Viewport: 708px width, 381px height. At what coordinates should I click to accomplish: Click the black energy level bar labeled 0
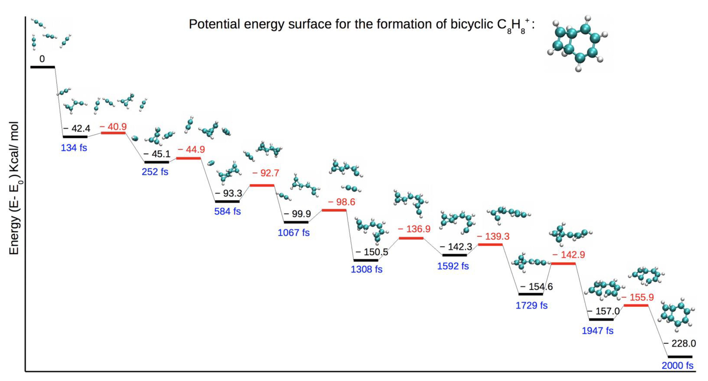43,67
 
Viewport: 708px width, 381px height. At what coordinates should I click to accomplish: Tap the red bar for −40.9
113,133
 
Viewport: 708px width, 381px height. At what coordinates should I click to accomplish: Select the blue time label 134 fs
74,148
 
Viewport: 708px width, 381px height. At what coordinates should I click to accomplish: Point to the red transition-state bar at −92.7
262,185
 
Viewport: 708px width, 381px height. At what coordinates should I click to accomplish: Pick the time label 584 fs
227,211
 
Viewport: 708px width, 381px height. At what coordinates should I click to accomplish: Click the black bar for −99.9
296,222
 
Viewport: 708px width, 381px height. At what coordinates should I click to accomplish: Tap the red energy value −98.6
341,202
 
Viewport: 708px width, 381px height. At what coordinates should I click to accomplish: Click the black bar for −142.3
455,255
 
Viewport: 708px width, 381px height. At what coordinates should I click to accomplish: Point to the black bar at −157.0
601,319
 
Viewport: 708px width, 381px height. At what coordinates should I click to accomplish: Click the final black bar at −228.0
680,357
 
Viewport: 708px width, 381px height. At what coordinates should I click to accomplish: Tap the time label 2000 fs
677,366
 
